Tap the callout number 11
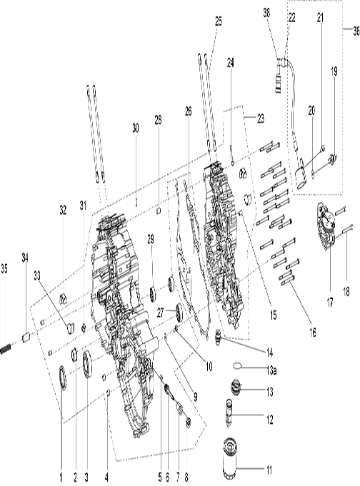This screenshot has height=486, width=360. click(269, 470)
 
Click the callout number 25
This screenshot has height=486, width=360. click(219, 22)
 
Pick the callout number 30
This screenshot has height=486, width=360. click(136, 128)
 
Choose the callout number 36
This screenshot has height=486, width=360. click(355, 31)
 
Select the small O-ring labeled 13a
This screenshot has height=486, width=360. click(235, 365)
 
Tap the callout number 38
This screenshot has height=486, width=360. click(266, 12)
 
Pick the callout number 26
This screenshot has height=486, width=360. click(189, 112)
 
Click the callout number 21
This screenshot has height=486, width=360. click(321, 16)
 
